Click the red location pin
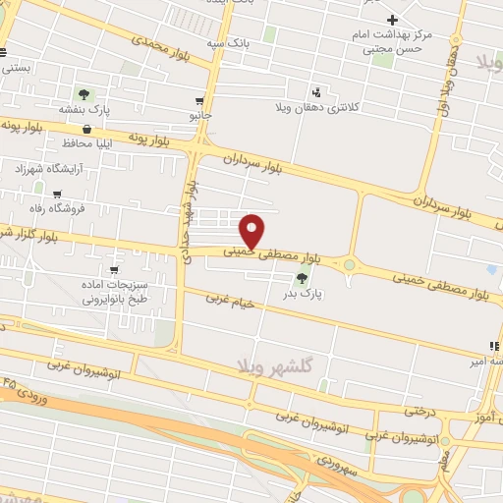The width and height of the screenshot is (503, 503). [252, 231]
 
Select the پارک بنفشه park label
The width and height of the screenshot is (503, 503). [85, 110]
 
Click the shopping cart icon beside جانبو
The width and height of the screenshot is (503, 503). [200, 101]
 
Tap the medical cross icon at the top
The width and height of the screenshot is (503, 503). [392, 20]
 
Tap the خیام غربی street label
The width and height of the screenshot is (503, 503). [232, 302]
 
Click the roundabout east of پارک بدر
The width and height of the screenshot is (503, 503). [348, 262]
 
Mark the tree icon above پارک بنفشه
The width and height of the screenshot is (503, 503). [84, 94]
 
